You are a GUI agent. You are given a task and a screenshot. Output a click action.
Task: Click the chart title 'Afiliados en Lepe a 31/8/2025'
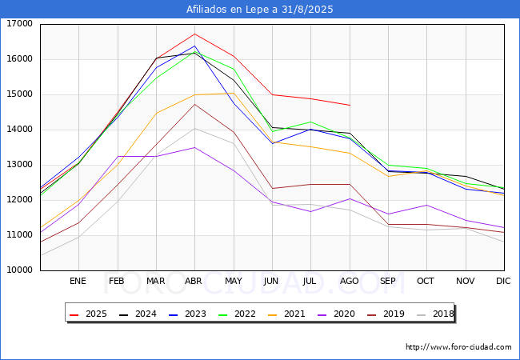[260, 10]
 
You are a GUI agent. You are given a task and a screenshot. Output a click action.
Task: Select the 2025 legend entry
[88, 314]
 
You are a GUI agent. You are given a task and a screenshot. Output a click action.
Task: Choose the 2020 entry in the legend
[336, 314]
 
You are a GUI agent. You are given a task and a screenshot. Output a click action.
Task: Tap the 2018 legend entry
[435, 314]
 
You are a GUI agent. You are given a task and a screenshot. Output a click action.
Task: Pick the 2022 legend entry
[237, 314]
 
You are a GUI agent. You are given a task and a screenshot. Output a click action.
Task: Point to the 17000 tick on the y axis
[19, 24]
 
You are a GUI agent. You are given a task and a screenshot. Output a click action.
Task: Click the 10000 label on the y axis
[19, 270]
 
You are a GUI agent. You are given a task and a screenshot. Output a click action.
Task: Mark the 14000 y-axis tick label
[19, 130]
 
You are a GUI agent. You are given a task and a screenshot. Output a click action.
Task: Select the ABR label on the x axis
[194, 281]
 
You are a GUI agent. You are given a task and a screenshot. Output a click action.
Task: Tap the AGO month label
[350, 281]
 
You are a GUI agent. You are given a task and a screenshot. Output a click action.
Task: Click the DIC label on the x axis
[503, 281]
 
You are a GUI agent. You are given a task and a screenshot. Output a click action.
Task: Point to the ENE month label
[78, 281]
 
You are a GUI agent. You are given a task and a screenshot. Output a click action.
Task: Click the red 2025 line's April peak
[194, 34]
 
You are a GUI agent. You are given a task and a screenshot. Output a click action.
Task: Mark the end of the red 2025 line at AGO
[350, 105]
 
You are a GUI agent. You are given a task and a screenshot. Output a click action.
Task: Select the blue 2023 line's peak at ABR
[194, 46]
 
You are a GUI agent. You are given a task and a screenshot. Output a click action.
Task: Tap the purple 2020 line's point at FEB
[118, 157]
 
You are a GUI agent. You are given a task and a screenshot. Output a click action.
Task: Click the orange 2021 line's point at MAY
[234, 93]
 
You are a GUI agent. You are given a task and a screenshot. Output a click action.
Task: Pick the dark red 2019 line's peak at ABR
[194, 105]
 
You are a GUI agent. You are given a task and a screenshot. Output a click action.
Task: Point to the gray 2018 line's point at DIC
[504, 242]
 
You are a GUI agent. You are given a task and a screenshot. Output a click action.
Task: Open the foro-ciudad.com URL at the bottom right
[458, 347]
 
